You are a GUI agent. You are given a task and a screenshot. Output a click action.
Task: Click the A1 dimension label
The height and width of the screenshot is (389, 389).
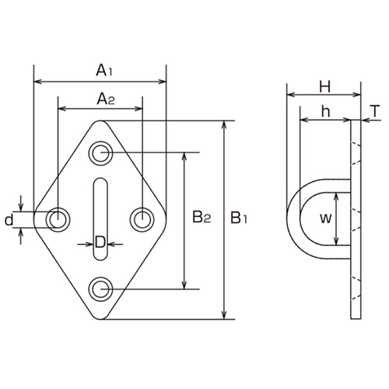[x=104, y=71]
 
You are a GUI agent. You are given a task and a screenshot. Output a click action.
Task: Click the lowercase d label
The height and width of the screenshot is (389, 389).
[x=9, y=220]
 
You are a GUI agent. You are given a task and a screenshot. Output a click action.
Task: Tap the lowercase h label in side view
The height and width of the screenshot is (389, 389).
[x=325, y=112]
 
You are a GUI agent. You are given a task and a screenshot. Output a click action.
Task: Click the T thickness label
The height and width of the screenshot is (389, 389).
[x=374, y=112]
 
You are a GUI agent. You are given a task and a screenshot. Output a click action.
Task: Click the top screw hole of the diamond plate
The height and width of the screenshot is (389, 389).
[x=100, y=152]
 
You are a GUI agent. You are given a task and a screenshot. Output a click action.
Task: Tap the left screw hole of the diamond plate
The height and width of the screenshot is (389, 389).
[x=57, y=219]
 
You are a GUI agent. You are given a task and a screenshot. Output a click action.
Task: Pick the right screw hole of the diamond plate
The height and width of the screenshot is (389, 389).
[x=142, y=219]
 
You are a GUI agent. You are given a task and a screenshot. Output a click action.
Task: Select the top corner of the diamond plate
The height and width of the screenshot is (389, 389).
[x=100, y=122]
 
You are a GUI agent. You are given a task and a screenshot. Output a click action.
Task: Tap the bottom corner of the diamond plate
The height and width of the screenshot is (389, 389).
[x=100, y=318]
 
